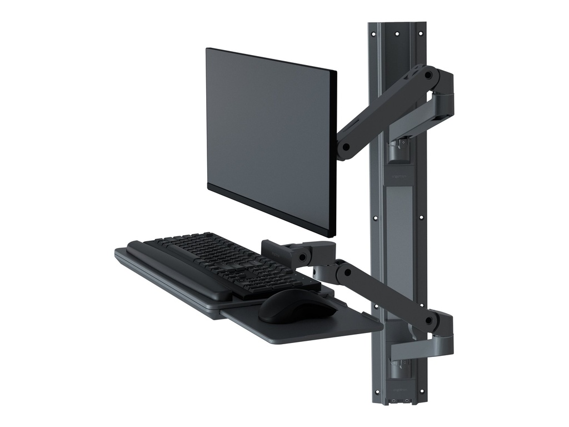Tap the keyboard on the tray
222,261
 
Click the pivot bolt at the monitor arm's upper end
428,73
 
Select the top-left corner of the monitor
207,49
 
